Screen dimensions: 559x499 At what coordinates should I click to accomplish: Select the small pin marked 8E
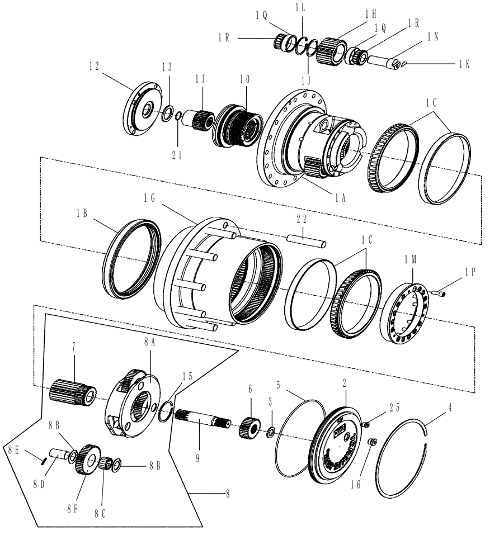(42, 460)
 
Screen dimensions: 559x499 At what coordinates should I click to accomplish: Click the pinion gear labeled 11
(200, 119)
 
